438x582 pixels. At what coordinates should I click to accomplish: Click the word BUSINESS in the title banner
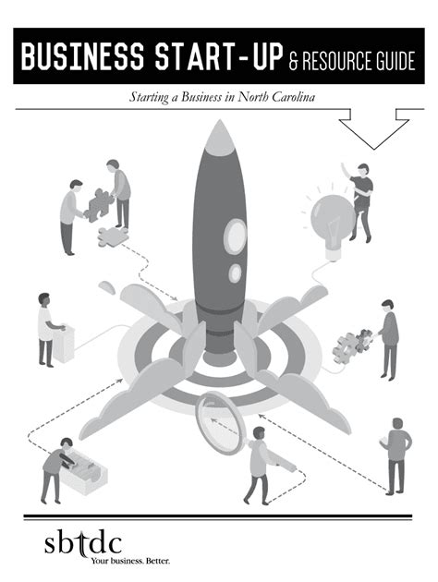pyautogui.click(x=82, y=56)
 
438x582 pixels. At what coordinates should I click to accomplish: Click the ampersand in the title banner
pyautogui.click(x=293, y=61)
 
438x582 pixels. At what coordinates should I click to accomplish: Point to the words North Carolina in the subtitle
pyautogui.click(x=276, y=97)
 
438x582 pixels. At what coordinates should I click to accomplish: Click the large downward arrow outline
pyautogui.click(x=374, y=128)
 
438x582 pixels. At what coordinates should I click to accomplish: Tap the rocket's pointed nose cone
pyautogui.click(x=220, y=138)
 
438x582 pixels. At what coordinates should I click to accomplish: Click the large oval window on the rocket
pyautogui.click(x=235, y=236)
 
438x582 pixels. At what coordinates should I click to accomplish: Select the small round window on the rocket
pyautogui.click(x=235, y=273)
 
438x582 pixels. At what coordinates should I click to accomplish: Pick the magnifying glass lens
pyautogui.click(x=219, y=423)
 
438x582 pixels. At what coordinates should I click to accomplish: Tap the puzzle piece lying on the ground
pyautogui.click(x=113, y=236)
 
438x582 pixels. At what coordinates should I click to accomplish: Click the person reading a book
pyautogui.click(x=395, y=456)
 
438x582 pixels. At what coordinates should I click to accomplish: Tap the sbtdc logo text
pyautogui.click(x=83, y=544)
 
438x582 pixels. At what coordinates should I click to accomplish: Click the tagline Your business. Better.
pyautogui.click(x=130, y=560)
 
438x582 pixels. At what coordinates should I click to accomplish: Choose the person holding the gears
pyautogui.click(x=388, y=339)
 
